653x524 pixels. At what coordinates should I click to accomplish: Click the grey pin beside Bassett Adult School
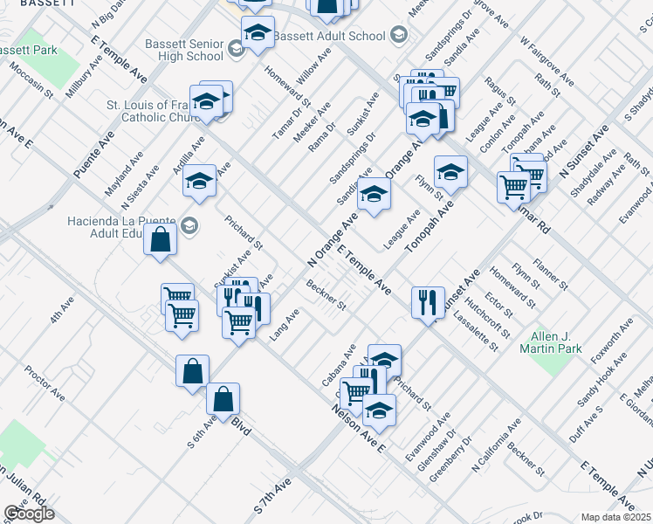coord(400,36)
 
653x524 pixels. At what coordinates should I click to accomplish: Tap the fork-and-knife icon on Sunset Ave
coord(427,302)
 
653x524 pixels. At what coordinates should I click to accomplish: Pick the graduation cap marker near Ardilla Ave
coord(200,181)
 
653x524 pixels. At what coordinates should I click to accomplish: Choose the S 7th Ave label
coord(272,495)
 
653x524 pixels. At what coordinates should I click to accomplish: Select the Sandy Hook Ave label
coord(601,379)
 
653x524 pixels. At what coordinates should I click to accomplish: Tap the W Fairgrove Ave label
coord(547,61)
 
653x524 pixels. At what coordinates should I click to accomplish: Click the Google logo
coord(29,514)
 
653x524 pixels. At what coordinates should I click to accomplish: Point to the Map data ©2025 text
coord(615,517)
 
